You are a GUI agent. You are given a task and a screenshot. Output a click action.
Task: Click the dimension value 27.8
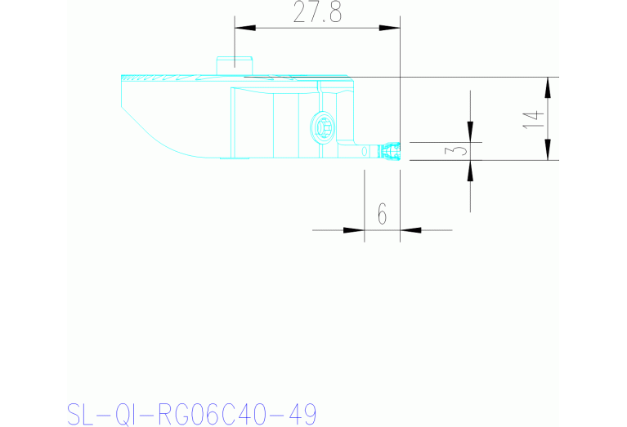[x=317, y=14]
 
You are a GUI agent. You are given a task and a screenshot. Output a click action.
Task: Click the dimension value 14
[x=532, y=118]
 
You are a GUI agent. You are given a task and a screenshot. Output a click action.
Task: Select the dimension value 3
[x=459, y=151]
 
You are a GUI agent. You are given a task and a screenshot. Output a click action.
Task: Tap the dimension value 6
[x=382, y=215]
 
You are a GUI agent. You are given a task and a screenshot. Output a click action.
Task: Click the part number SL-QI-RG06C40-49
[x=190, y=413]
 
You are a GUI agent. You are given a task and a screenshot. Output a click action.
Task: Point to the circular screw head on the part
[x=322, y=127]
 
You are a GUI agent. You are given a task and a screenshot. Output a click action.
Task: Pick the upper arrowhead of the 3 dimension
[x=470, y=131]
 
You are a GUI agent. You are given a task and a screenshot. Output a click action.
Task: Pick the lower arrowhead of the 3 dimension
[x=470, y=171]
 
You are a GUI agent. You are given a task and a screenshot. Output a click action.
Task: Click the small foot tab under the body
[x=239, y=158]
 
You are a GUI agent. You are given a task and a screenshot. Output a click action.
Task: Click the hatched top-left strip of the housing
[x=163, y=79]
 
